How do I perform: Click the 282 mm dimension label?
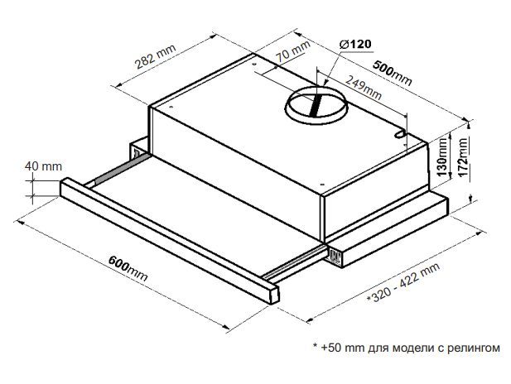[156, 56]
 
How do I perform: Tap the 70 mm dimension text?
[293, 51]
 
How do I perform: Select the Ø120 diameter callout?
[355, 45]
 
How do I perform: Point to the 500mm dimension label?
[392, 73]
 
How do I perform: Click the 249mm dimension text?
[364, 87]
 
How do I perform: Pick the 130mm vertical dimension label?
[442, 156]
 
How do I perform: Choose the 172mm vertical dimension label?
[462, 156]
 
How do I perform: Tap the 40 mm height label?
[43, 166]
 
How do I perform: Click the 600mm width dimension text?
[128, 269]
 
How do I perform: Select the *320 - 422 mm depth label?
[403, 283]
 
